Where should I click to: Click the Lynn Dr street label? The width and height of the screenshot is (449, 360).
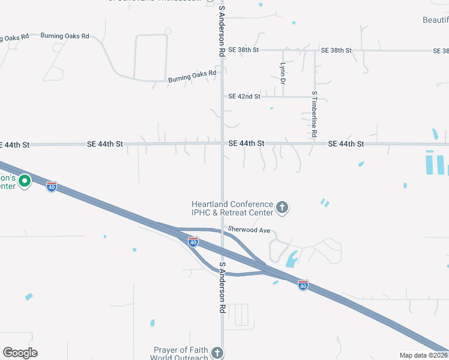point(282,73)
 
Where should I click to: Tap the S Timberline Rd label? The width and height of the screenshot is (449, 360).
point(314,114)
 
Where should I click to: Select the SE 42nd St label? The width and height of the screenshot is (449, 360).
point(244,96)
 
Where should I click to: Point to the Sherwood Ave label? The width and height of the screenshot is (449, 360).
point(249,230)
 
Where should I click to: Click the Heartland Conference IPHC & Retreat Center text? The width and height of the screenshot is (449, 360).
point(232,208)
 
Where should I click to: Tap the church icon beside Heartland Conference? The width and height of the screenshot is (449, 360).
point(282,208)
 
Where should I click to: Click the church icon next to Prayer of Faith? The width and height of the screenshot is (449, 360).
point(217,353)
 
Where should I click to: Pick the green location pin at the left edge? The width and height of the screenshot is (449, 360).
point(25,181)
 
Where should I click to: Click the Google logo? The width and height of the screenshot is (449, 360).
point(20,353)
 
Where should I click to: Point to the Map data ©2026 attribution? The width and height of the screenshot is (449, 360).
point(424,355)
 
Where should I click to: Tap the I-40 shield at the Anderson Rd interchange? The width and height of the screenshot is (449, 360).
point(193,242)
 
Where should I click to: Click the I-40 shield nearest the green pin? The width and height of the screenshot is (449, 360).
point(52,187)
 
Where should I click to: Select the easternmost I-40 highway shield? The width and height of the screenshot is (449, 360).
point(303,286)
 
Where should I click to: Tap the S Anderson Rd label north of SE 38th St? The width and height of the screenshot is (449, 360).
point(222,34)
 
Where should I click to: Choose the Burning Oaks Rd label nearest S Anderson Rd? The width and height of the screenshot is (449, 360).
point(192,76)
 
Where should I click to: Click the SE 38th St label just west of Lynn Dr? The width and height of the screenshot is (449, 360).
point(244,50)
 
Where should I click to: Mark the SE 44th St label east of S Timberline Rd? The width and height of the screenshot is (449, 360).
point(346,144)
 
